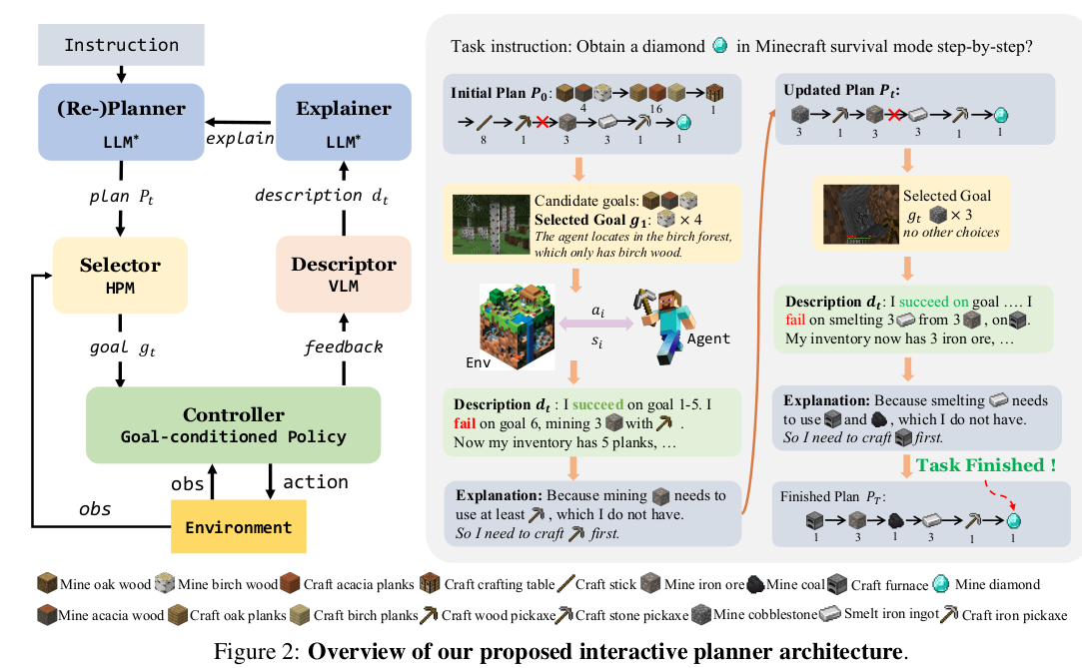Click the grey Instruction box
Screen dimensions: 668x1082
point(121,45)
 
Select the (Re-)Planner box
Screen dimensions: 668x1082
point(121,120)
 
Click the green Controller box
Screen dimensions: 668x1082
point(233,424)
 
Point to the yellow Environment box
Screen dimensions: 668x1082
point(239,526)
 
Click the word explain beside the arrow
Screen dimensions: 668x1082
point(240,138)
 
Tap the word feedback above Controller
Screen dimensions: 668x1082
point(344,346)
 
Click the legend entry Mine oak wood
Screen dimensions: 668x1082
point(94,584)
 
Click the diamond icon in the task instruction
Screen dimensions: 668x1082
point(720,45)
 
